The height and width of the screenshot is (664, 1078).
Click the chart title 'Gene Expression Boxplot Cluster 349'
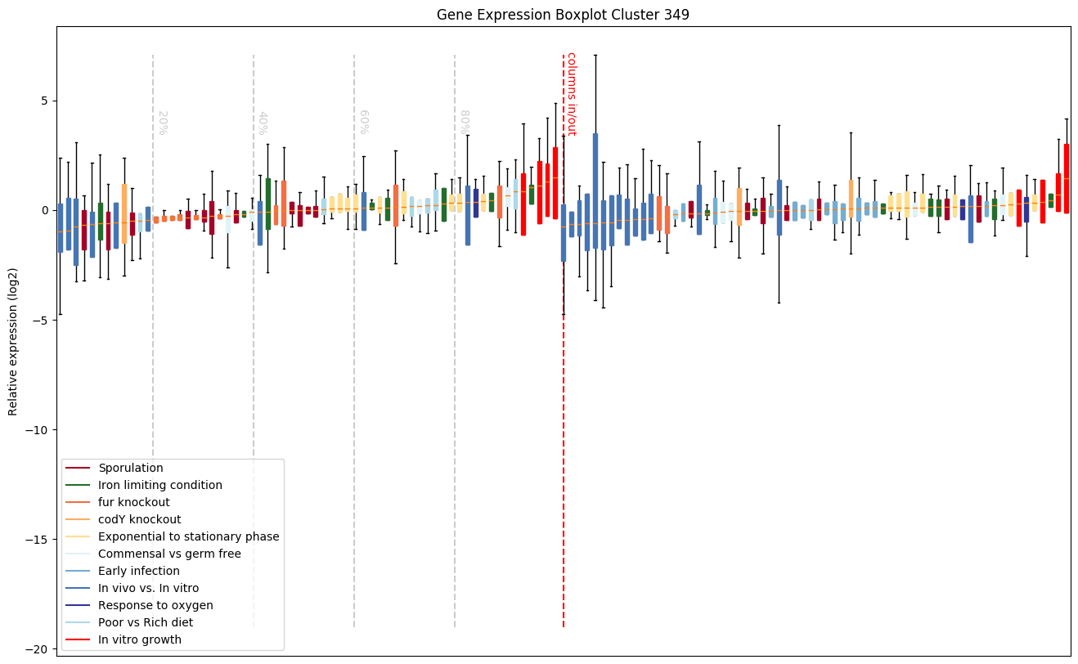pyautogui.click(x=563, y=15)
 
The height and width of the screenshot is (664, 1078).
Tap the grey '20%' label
pyautogui.click(x=162, y=123)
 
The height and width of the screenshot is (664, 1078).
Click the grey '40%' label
pyautogui.click(x=263, y=123)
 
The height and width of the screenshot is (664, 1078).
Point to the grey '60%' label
pyautogui.click(x=363, y=123)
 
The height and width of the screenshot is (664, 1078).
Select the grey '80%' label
pyautogui.click(x=464, y=123)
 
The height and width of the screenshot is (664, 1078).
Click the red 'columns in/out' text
pyautogui.click(x=571, y=94)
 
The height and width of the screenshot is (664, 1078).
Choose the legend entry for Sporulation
pyautogui.click(x=131, y=468)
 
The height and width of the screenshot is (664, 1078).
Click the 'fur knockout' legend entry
pyautogui.click(x=134, y=502)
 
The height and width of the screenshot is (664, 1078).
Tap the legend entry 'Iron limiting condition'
pyautogui.click(x=160, y=485)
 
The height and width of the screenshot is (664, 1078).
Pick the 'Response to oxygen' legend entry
pyautogui.click(x=155, y=605)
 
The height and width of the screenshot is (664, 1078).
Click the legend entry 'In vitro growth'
pyautogui.click(x=140, y=639)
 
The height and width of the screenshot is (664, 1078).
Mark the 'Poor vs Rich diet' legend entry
pyautogui.click(x=146, y=622)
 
